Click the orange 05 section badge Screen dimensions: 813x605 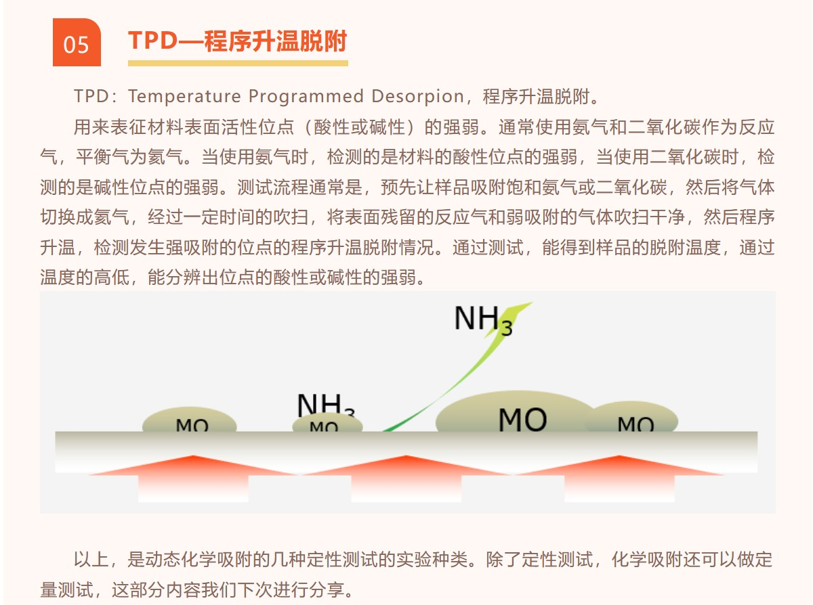(77, 42)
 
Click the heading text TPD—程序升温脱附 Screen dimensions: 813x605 (238, 41)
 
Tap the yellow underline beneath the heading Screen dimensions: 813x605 (238, 64)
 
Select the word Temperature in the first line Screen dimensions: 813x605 (184, 96)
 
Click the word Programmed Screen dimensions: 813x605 (306, 97)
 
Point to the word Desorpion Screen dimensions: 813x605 (418, 97)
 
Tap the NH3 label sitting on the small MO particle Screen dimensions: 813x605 (325, 405)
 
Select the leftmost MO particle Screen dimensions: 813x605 (190, 420)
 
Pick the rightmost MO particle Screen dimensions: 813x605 (633, 418)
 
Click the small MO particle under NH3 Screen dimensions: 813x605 (327, 424)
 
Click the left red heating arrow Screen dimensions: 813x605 (193, 476)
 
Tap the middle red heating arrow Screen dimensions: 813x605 (406, 476)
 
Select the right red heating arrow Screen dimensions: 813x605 (619, 476)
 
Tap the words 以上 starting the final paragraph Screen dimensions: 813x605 (91, 560)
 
